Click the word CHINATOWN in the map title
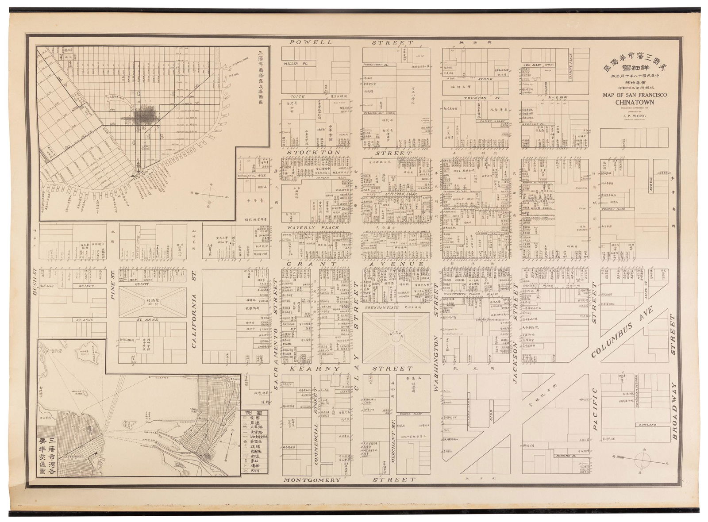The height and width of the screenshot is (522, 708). [635, 103]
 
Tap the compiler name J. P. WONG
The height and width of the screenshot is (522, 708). [635, 116]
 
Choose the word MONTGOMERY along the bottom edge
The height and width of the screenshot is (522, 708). [312, 480]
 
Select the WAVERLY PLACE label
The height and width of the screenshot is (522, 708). [313, 228]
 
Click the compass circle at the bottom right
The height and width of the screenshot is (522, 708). [643, 461]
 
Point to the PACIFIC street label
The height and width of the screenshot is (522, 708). [595, 410]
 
